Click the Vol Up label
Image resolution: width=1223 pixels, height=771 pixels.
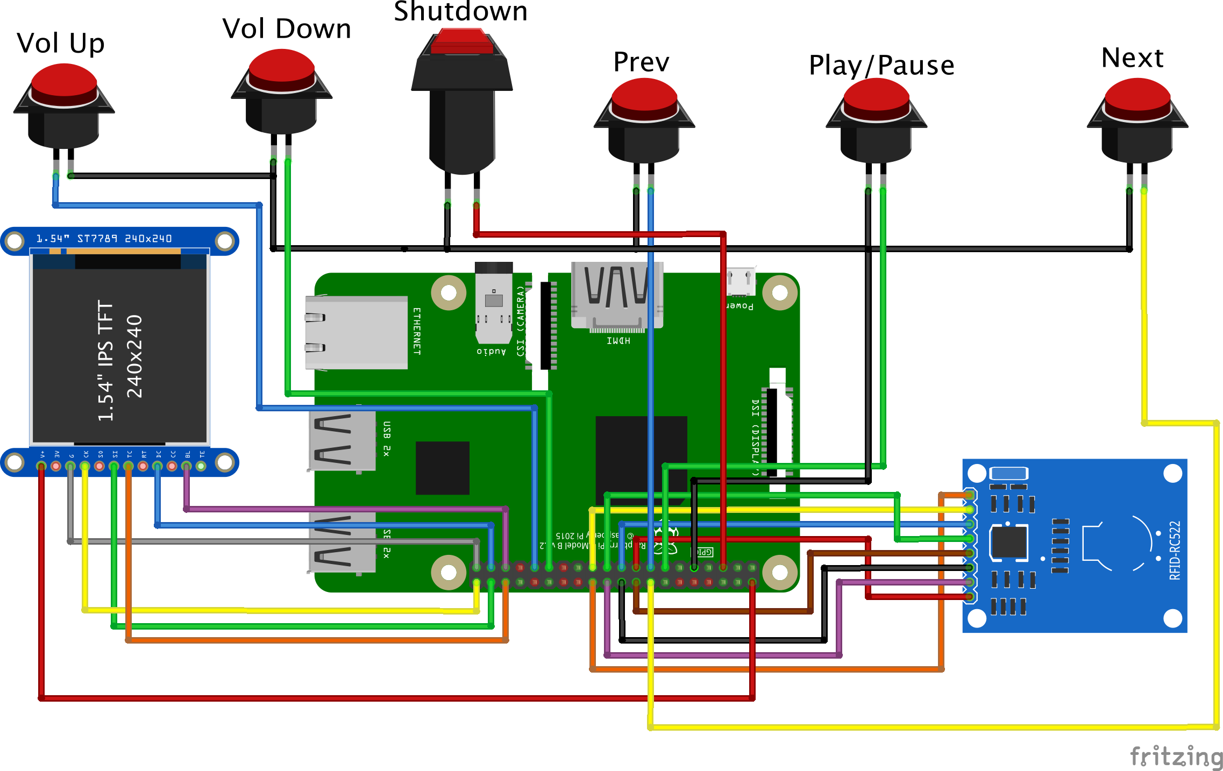(x=60, y=43)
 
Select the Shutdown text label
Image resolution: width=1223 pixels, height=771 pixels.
(x=460, y=12)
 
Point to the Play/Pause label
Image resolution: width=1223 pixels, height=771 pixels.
(x=881, y=66)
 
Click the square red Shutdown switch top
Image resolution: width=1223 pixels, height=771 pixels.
(x=461, y=41)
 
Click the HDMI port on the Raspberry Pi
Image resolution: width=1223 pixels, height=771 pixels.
(x=617, y=295)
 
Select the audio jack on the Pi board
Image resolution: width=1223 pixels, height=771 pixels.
(x=493, y=304)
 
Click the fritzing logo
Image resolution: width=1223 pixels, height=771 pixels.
(x=1176, y=756)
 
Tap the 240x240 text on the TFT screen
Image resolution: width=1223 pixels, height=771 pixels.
(x=134, y=356)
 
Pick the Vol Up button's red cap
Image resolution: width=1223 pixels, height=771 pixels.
(x=64, y=83)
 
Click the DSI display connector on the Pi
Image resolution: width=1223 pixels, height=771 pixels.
(x=773, y=433)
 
